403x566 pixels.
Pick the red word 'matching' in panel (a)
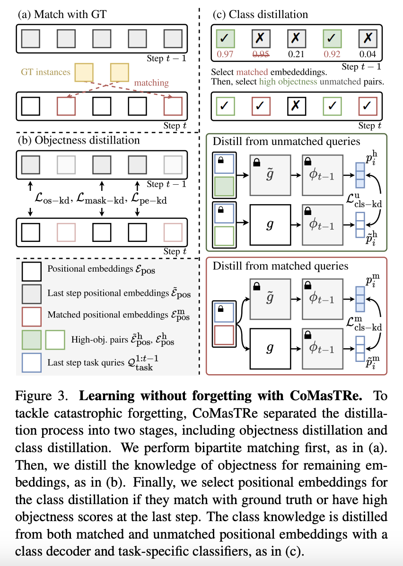[x=151, y=83]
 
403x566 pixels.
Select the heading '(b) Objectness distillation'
[x=79, y=140]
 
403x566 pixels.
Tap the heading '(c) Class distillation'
[x=262, y=15]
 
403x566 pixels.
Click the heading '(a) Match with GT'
[x=61, y=15]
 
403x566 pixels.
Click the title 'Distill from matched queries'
[x=280, y=266]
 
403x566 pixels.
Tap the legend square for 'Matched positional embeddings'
[x=32, y=316]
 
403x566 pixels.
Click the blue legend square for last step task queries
[x=32, y=362]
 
